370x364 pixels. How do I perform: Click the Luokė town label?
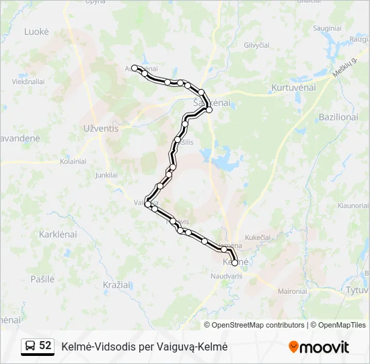coord(36,32)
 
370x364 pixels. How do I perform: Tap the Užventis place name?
coord(101,127)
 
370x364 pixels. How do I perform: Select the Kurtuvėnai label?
coord(293,88)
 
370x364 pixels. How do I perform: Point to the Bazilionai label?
coord(338,117)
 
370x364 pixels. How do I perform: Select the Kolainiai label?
coord(73,162)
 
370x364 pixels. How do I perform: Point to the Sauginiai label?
coord(326,28)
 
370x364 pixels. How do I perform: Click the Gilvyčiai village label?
coord(256,44)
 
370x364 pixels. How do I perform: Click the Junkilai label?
coord(106,175)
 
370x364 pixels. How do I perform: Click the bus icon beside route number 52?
coord(30,346)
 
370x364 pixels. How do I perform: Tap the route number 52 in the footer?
coord(45,346)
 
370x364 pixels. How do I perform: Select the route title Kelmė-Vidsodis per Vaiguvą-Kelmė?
coord(145,346)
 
